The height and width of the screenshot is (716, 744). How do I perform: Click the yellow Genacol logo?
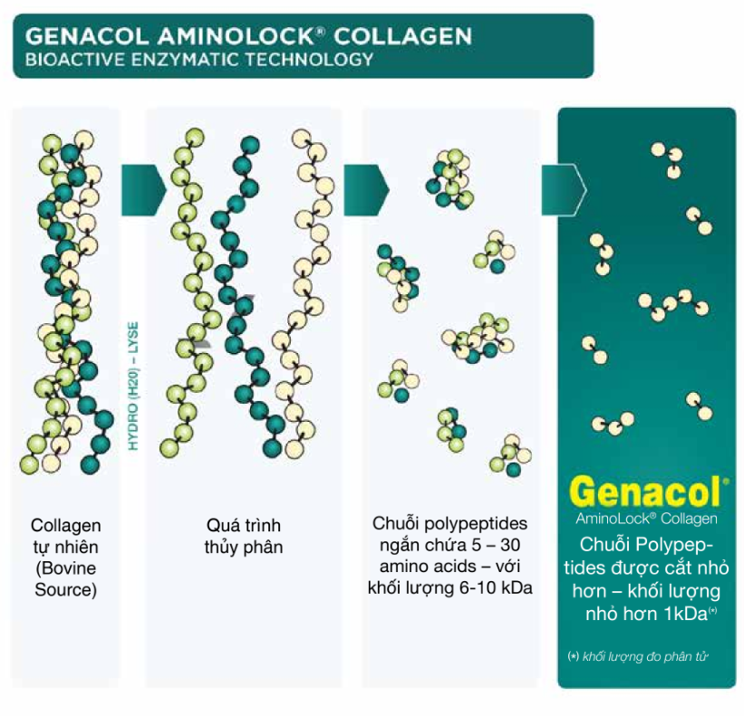[646, 492]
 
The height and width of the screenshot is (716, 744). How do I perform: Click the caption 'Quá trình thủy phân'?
[243, 536]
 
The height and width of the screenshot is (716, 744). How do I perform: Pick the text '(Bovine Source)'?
[65, 579]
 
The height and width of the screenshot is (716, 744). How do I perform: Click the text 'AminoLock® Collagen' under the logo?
[646, 519]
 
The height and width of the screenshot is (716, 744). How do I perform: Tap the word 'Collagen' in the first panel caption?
[65, 526]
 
